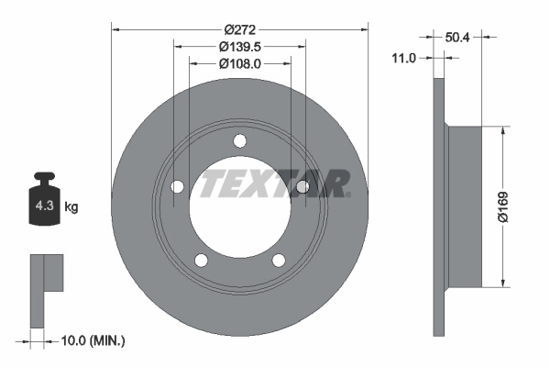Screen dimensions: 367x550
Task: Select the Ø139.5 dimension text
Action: (x=240, y=45)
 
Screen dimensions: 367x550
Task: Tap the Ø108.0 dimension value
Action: (x=240, y=63)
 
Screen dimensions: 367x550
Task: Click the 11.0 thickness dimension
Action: (x=404, y=58)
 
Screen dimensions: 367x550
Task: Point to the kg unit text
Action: (x=71, y=207)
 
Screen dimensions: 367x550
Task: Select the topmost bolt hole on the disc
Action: (x=240, y=140)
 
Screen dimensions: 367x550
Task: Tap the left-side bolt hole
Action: (x=178, y=187)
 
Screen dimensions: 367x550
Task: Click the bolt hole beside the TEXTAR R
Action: (x=302, y=187)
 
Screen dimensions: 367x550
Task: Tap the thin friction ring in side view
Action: (x=437, y=206)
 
